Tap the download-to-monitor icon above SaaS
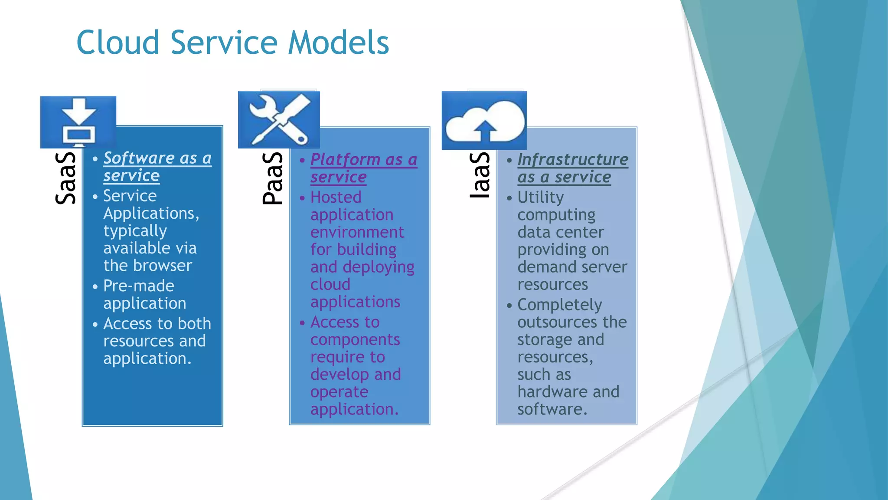point(78,122)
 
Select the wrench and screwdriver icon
point(279,120)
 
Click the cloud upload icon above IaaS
point(484,121)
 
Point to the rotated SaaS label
point(65,178)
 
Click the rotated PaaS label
point(273,178)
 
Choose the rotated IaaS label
point(480,175)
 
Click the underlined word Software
point(139,158)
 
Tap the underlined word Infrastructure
point(573,160)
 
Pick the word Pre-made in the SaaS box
point(139,286)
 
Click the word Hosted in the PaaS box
point(336,197)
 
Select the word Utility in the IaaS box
point(541,197)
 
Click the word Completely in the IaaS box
point(560,305)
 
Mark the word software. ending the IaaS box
point(552,409)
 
